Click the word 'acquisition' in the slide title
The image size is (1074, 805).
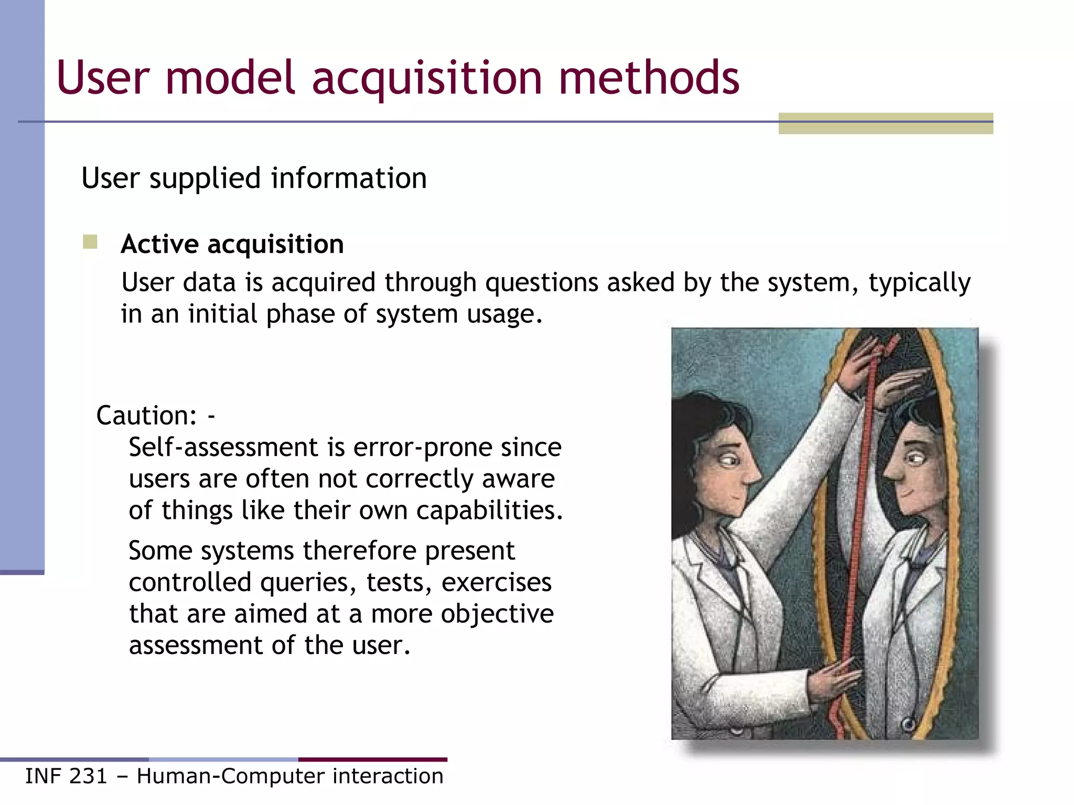click(x=427, y=79)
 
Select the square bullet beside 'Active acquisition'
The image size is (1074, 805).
click(x=90, y=242)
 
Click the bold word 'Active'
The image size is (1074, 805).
click(x=160, y=244)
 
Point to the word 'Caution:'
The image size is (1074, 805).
click(x=146, y=416)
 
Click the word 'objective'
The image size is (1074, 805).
click(x=497, y=614)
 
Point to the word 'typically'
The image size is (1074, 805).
click(x=919, y=283)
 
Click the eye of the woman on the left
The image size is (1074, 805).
click(x=729, y=461)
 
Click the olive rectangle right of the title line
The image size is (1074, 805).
click(x=886, y=124)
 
